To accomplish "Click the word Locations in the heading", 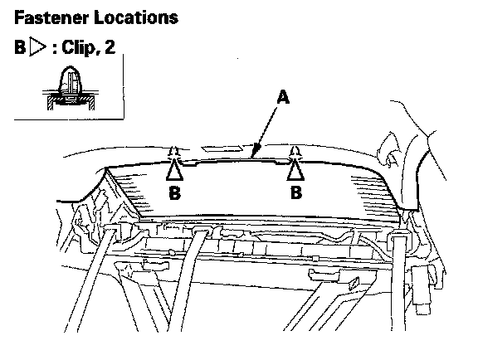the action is coord(136,17).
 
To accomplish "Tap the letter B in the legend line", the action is coord(20,47).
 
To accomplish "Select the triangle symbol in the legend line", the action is coord(37,47).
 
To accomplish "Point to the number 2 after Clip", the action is coord(110,47).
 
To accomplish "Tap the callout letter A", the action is coord(283,97).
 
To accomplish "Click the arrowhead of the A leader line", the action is coord(256,151).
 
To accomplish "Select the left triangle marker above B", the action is coord(175,171).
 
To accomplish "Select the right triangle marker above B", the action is coord(295,171).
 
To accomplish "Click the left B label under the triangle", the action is coord(175,192).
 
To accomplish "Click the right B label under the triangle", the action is coord(296,192).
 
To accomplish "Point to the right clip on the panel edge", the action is coord(295,153).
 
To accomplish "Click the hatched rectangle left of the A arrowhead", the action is coord(222,148).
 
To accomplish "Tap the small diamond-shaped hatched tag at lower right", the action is coord(354,284).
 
